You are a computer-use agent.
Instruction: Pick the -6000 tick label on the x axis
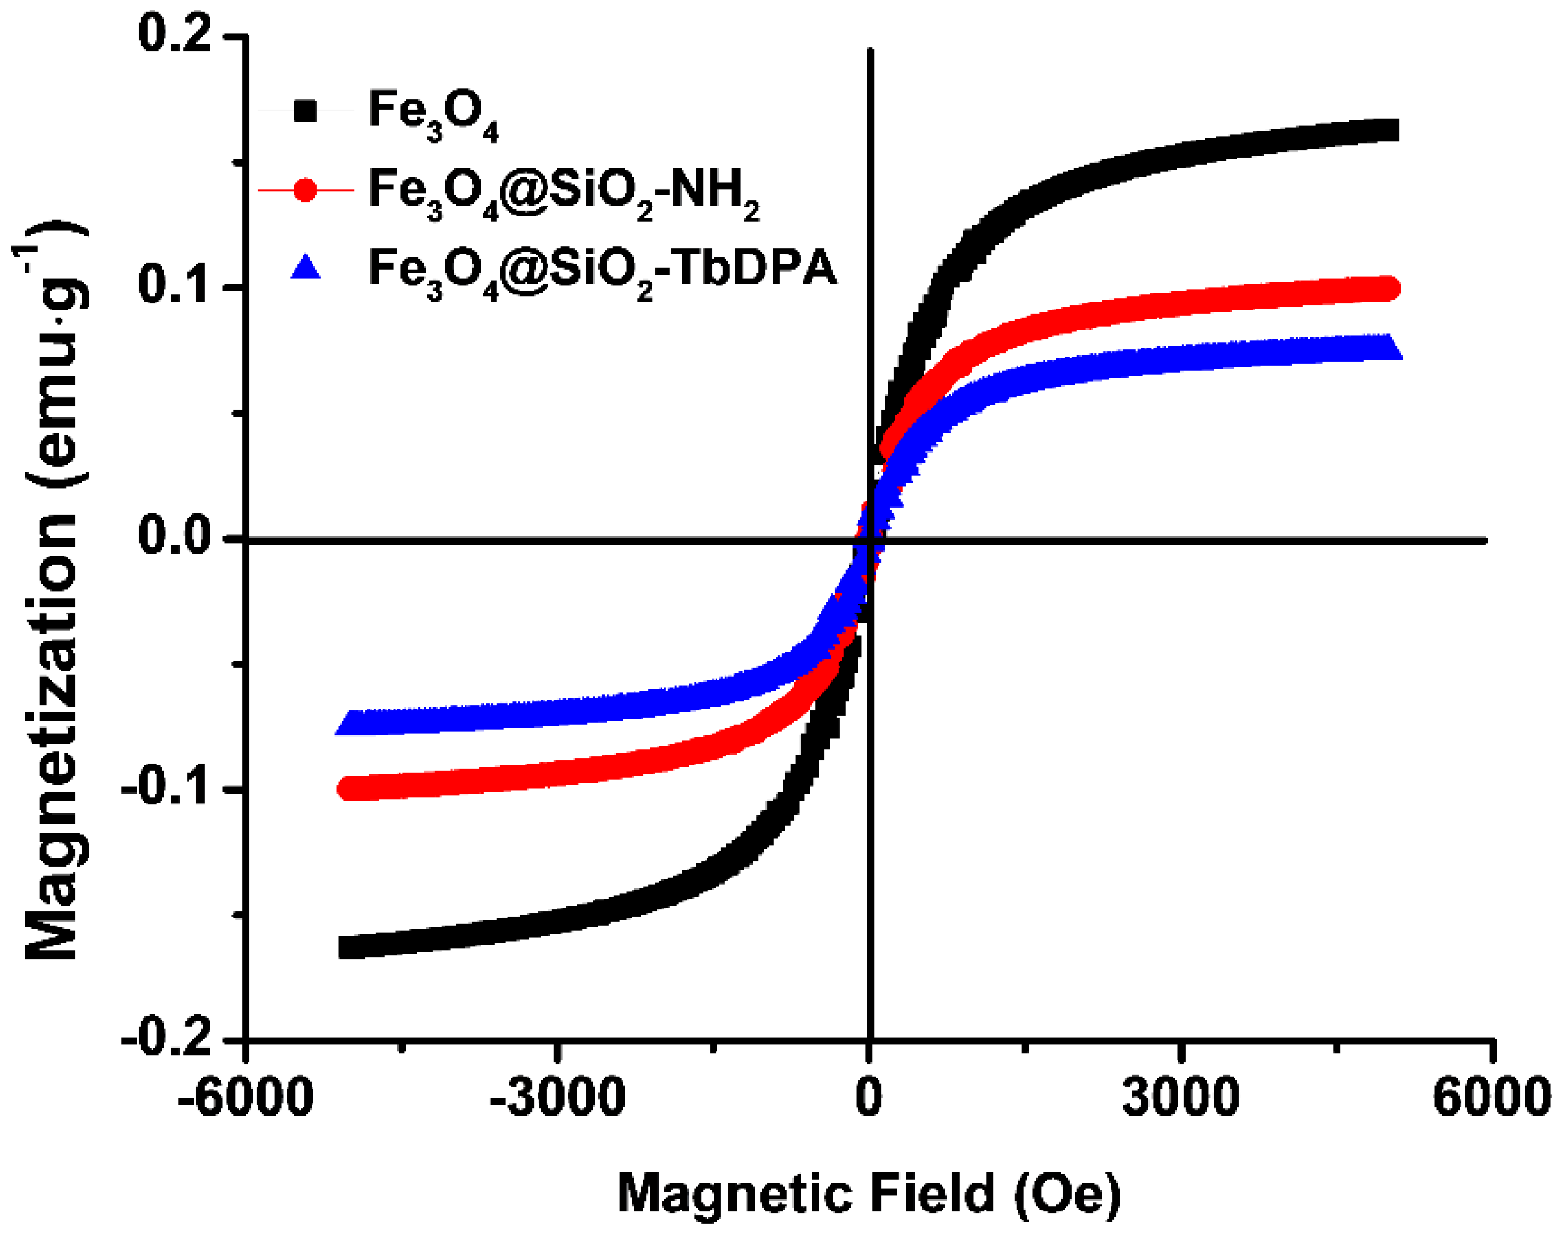[245, 1098]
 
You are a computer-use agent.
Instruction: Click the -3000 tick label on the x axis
[556, 1098]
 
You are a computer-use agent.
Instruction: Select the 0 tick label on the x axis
[868, 1098]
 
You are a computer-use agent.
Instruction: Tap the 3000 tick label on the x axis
[1180, 1098]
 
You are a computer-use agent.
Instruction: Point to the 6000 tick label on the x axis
[1492, 1098]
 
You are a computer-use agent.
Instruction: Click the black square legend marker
[306, 111]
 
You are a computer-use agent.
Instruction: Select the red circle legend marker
[306, 190]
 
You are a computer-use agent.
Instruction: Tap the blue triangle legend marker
[306, 267]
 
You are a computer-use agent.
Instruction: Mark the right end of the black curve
[1388, 131]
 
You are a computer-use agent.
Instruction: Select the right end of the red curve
[1388, 288]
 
